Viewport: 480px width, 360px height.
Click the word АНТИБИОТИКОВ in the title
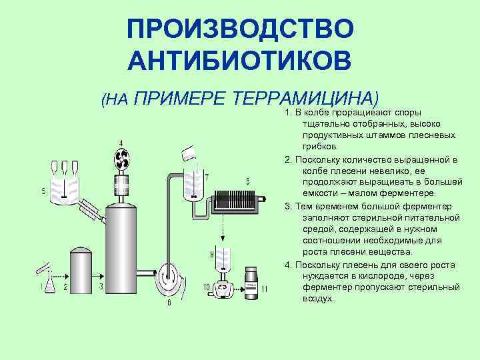click(x=240, y=60)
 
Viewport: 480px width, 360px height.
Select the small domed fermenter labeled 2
click(x=81, y=270)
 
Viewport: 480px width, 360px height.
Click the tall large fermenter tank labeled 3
click(x=121, y=249)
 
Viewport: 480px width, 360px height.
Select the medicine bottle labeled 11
click(x=251, y=283)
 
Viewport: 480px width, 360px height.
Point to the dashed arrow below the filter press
click(x=223, y=227)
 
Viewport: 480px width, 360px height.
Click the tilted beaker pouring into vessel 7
click(x=189, y=154)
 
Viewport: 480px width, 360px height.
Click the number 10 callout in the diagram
click(x=206, y=287)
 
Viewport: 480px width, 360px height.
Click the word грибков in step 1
click(x=320, y=147)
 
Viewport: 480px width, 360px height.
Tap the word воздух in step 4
click(x=317, y=299)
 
